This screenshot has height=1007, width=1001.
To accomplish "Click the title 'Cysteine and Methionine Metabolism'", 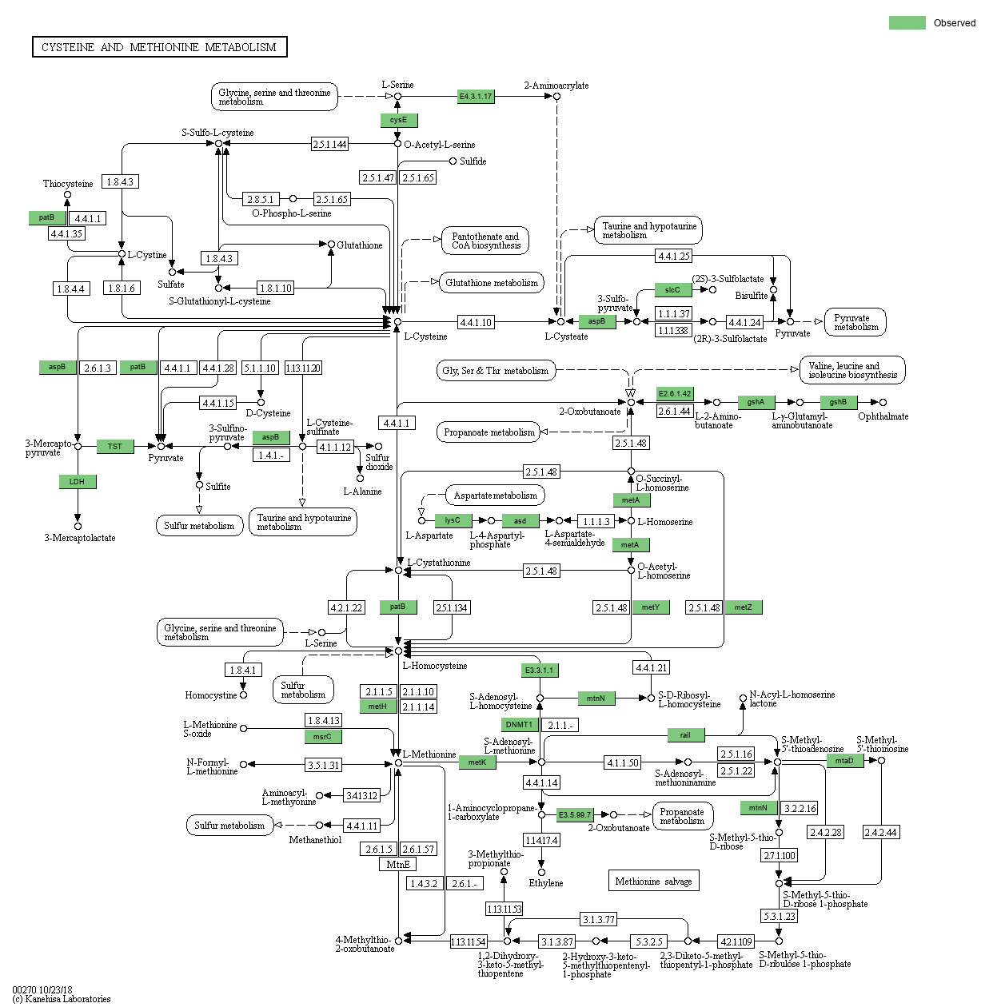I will pyautogui.click(x=159, y=47).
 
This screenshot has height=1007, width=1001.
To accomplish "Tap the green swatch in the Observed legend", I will pyautogui.click(x=907, y=23).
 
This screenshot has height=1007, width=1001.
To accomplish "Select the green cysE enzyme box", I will pyautogui.click(x=398, y=120).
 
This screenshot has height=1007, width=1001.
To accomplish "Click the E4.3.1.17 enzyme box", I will pyautogui.click(x=476, y=97).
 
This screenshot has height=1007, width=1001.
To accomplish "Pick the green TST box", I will pyautogui.click(x=115, y=446).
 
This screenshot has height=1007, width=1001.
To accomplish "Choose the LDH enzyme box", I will pyautogui.click(x=77, y=481).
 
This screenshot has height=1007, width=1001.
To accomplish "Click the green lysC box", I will pyautogui.click(x=453, y=520).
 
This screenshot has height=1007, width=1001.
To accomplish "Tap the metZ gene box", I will pyautogui.click(x=744, y=607).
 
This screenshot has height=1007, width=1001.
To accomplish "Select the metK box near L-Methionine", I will pyautogui.click(x=477, y=762).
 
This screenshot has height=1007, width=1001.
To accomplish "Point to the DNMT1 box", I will pyautogui.click(x=520, y=725).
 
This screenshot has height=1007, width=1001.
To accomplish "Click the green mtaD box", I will pyautogui.click(x=844, y=761).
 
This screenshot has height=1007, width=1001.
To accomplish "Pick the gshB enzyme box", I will pyautogui.click(x=838, y=402).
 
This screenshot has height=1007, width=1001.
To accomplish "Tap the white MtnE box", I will pyautogui.click(x=397, y=865).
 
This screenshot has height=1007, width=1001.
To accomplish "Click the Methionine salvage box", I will pyautogui.click(x=653, y=881).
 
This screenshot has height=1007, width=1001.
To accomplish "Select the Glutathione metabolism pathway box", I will pyautogui.click(x=492, y=283).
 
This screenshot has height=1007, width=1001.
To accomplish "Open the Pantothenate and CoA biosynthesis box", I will pyautogui.click(x=485, y=241).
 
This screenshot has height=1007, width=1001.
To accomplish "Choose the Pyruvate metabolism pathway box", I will pyautogui.click(x=855, y=322).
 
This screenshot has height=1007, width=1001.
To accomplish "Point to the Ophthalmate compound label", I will pyautogui.click(x=883, y=416).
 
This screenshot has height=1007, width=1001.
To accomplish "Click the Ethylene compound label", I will pyautogui.click(x=546, y=883).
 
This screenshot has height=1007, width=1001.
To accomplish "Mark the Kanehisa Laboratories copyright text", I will pyautogui.click(x=62, y=998).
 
